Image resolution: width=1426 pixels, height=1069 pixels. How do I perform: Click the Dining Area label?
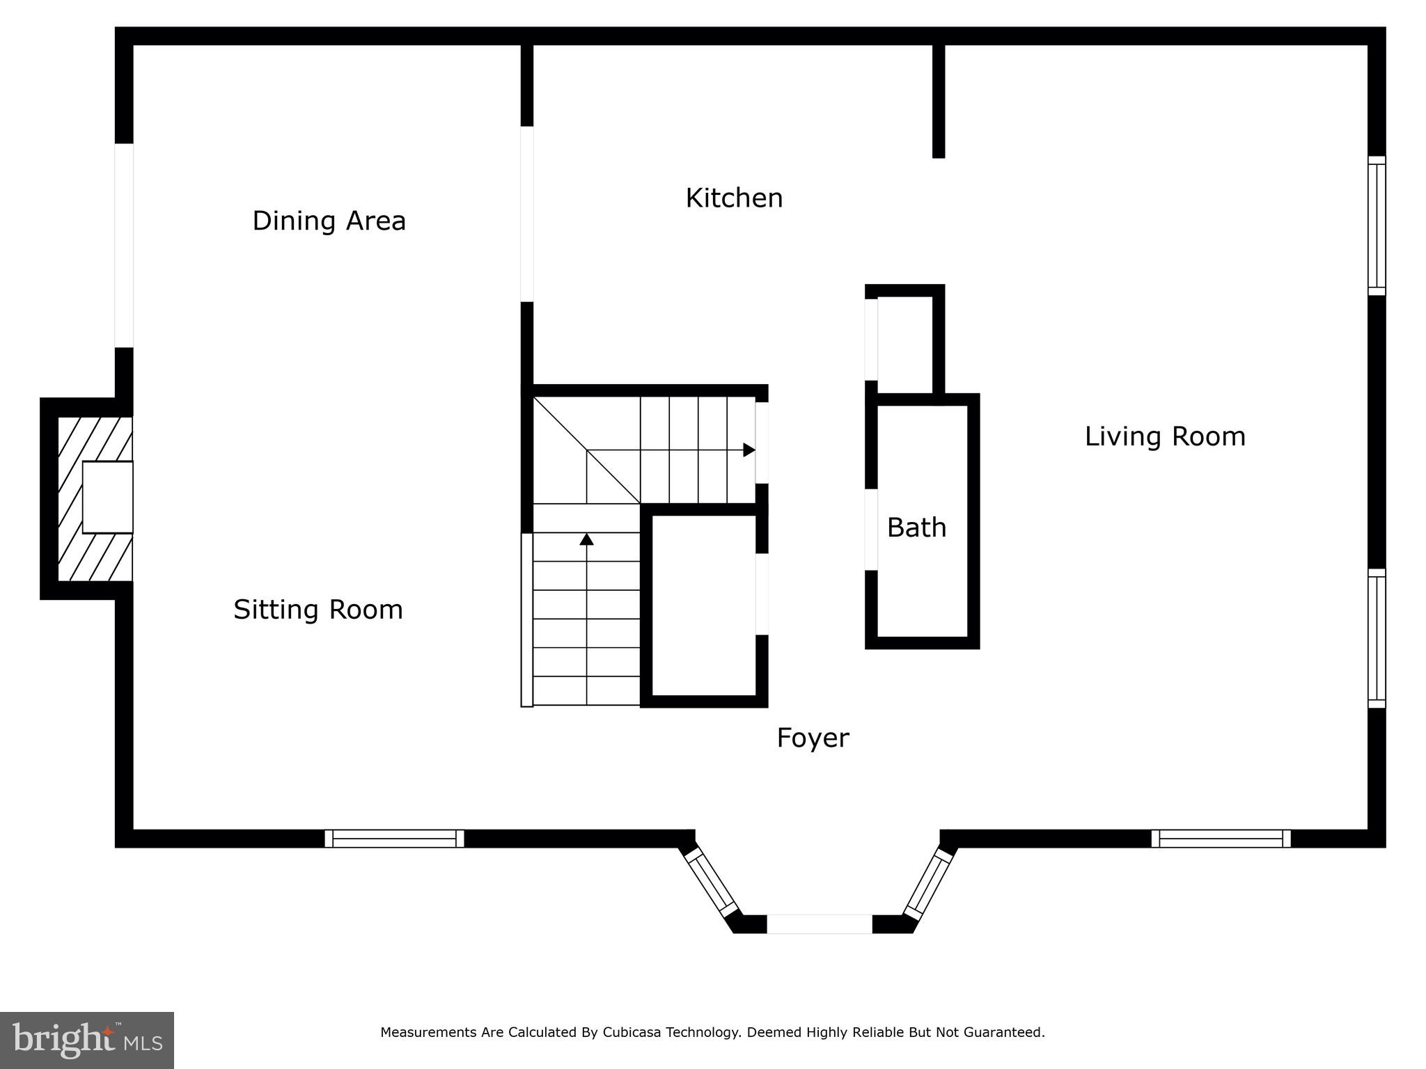[329, 221]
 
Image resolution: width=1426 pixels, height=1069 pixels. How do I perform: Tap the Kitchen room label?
[734, 198]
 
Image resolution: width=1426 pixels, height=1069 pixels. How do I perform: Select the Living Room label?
[1165, 436]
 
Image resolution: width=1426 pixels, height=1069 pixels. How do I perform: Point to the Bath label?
[916, 528]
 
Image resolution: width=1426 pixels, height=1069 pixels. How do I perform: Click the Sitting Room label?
[318, 610]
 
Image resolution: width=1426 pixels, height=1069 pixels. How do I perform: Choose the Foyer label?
[813, 738]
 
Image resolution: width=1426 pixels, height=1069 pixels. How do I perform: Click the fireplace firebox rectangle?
[107, 497]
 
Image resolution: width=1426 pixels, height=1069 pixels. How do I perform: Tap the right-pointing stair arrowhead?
[749, 450]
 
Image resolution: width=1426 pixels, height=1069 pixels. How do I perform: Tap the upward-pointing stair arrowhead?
[586, 539]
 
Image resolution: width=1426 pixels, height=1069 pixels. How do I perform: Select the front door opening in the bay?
[819, 924]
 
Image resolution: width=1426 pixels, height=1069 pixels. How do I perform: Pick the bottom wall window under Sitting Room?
[394, 838]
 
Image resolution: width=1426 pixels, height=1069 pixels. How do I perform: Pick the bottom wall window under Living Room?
[1221, 838]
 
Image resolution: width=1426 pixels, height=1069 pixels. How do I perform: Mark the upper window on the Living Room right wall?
[1377, 225]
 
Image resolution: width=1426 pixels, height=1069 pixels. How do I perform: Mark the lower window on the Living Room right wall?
[1377, 638]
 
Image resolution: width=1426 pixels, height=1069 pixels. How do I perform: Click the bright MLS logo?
[87, 1040]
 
